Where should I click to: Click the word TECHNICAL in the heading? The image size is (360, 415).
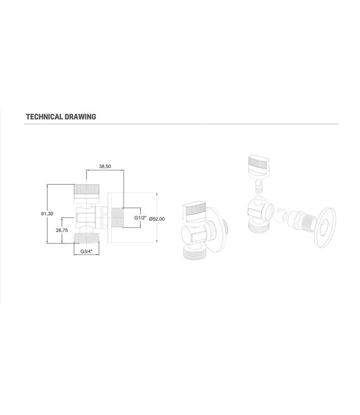[x=44, y=117]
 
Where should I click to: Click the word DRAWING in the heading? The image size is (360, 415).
[x=80, y=117]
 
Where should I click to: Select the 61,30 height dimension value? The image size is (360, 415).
[x=47, y=214]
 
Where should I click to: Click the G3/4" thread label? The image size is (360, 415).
[x=86, y=252]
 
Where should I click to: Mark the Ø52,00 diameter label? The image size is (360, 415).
[x=157, y=219]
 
